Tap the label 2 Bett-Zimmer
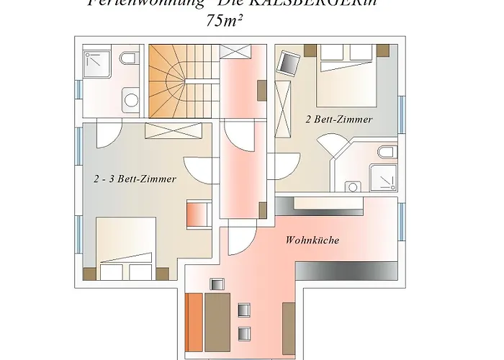(x=338, y=120)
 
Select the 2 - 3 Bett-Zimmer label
(x=135, y=179)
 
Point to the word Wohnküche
(x=312, y=240)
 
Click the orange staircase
(x=182, y=81)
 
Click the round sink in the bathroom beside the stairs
(x=130, y=99)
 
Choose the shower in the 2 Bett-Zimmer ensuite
(x=381, y=179)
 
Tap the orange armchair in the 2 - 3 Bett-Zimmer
(x=197, y=214)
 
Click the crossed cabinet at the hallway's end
(x=235, y=51)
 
